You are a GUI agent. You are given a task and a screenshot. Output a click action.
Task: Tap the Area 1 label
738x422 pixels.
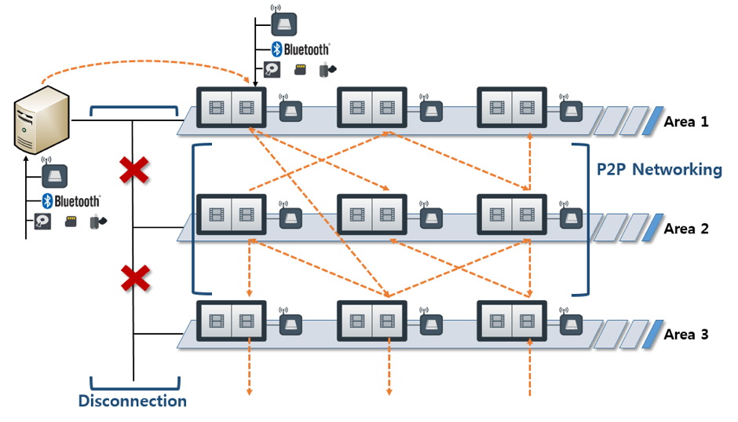coord(685,122)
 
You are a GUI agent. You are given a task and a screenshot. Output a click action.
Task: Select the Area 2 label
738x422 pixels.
coord(685,229)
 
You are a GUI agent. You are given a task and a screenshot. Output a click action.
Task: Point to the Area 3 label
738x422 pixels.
coord(685,334)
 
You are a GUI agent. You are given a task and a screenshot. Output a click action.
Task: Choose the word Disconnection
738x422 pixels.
coord(132,401)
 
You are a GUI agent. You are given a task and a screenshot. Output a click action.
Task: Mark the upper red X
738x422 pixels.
coord(133,171)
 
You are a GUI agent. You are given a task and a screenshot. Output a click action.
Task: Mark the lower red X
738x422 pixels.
coord(133,278)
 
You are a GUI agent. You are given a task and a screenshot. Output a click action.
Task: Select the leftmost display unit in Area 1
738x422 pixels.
coord(231,106)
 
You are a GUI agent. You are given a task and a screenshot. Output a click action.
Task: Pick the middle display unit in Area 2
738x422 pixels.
coord(371,214)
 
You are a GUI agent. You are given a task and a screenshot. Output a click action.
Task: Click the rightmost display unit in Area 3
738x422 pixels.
coord(512,320)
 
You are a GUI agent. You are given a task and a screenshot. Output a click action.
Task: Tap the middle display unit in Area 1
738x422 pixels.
coord(371,106)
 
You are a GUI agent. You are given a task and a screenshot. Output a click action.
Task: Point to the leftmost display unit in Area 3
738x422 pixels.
coord(231,320)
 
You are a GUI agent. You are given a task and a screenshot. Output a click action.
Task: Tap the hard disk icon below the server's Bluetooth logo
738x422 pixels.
coord(42,222)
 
